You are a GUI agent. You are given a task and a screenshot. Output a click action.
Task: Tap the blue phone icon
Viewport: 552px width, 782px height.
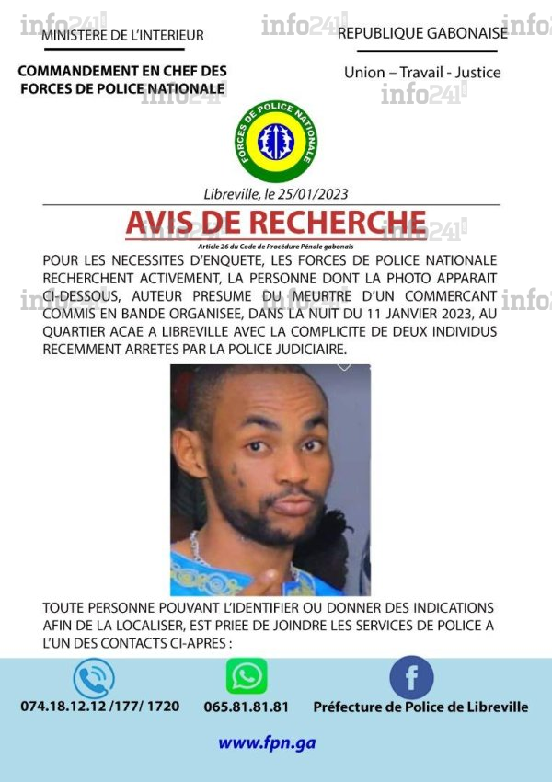94,678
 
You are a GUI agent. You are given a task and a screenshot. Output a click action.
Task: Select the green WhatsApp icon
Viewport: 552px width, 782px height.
247,676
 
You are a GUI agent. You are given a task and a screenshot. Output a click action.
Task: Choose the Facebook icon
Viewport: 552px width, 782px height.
411,678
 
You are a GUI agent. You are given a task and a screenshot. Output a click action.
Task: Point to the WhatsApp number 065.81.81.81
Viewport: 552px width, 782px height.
247,707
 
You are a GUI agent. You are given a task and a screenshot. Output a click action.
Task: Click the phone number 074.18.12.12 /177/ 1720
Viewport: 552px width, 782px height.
100,707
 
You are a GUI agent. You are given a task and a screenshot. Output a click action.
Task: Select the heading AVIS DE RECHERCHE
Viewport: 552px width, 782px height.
276,223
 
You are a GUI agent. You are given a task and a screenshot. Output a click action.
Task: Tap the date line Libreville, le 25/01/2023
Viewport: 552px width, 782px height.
276,194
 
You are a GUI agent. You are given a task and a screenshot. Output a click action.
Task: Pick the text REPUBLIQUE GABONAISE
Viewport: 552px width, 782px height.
422,33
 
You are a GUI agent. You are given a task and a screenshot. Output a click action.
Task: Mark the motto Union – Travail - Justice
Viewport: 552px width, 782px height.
422,72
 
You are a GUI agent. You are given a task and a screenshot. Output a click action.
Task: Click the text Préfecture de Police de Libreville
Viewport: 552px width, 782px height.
420,707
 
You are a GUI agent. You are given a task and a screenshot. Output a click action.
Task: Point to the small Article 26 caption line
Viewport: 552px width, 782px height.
276,247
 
